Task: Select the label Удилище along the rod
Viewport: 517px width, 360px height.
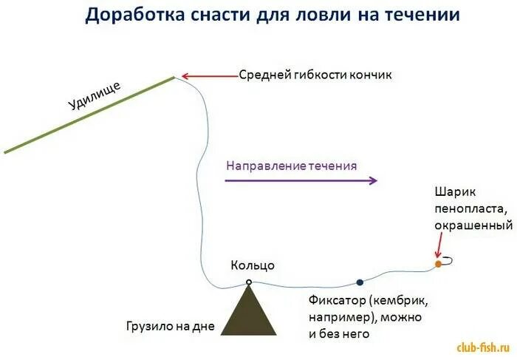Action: (94, 97)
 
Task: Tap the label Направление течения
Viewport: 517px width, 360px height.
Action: (291, 166)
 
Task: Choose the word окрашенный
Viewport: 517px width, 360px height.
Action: (473, 224)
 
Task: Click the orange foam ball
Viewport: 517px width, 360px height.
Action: (438, 263)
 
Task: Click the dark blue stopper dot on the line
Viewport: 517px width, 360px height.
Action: (360, 282)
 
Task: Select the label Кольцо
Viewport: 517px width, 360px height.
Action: (253, 265)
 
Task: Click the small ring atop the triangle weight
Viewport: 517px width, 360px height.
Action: (249, 282)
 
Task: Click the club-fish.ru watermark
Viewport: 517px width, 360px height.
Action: (483, 346)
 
